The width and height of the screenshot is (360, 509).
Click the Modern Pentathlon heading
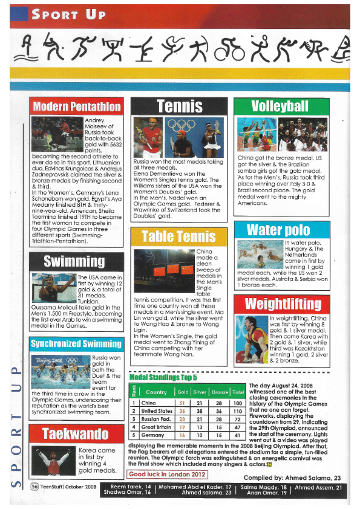pos(76,106)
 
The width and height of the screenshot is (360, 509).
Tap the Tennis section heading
pos(179,106)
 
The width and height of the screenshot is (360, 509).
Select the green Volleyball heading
pos(280,106)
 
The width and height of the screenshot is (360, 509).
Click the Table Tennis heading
pos(178,237)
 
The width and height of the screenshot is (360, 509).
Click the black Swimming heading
pos(76,261)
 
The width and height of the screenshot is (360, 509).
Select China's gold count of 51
pos(181,403)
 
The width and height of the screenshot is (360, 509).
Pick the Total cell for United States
pos(238,411)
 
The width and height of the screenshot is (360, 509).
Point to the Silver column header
pos(200,392)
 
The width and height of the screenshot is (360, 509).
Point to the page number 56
pos(36,487)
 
